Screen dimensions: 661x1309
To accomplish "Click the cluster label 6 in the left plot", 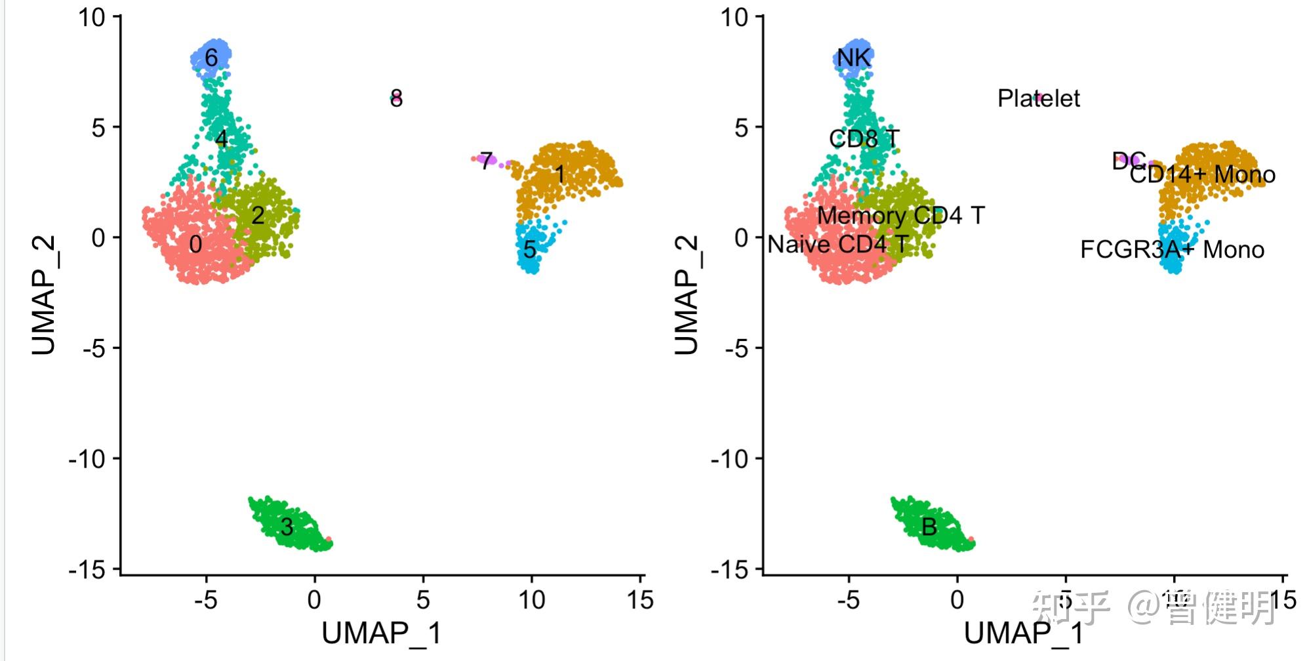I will click(x=211, y=58).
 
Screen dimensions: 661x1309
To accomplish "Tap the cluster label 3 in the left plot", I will click(x=287, y=527).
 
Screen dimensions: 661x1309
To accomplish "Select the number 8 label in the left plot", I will click(x=396, y=99).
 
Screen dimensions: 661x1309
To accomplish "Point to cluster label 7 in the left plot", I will click(x=486, y=161).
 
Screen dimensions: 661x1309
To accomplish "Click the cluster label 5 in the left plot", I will click(x=530, y=249).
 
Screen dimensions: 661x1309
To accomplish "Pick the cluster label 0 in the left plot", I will click(x=195, y=245).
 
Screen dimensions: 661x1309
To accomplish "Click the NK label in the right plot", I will click(x=854, y=58).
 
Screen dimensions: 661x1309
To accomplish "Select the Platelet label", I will click(x=1038, y=98).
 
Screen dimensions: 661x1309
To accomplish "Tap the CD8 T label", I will click(x=864, y=138).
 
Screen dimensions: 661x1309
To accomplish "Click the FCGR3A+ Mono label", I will click(x=1172, y=250).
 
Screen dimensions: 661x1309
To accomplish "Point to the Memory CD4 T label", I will click(x=900, y=215).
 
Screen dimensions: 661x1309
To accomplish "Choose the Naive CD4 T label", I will click(x=837, y=245).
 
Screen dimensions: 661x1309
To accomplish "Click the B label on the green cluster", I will click(x=929, y=527).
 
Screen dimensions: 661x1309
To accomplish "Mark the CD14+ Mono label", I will click(x=1203, y=174).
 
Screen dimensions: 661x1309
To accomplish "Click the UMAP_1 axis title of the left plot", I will click(x=381, y=633).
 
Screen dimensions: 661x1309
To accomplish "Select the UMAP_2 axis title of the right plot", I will click(x=687, y=295).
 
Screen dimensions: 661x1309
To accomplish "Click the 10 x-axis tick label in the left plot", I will click(x=531, y=599).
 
